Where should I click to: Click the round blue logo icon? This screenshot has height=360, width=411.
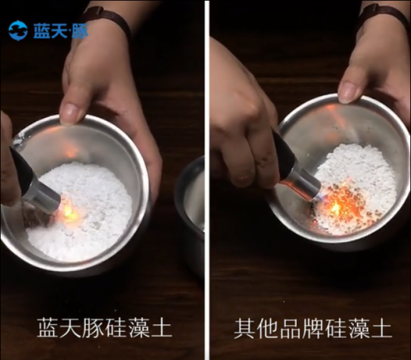[x=18, y=30]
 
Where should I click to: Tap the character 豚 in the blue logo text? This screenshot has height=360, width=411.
[x=80, y=31]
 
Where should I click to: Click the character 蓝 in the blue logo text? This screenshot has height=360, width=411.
[x=41, y=31]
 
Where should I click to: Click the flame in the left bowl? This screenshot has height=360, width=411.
[x=68, y=212]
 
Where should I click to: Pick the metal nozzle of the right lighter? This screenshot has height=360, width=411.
[x=304, y=183]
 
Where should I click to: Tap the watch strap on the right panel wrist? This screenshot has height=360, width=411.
[x=383, y=14]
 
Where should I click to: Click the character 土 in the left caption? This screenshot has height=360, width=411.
[x=162, y=328]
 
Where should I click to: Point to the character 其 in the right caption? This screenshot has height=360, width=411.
[x=244, y=328]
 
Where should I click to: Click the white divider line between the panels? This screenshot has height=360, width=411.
[x=207, y=180]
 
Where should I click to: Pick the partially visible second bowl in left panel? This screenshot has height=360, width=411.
[x=190, y=210]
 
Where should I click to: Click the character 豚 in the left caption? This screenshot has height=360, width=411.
[x=94, y=328]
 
